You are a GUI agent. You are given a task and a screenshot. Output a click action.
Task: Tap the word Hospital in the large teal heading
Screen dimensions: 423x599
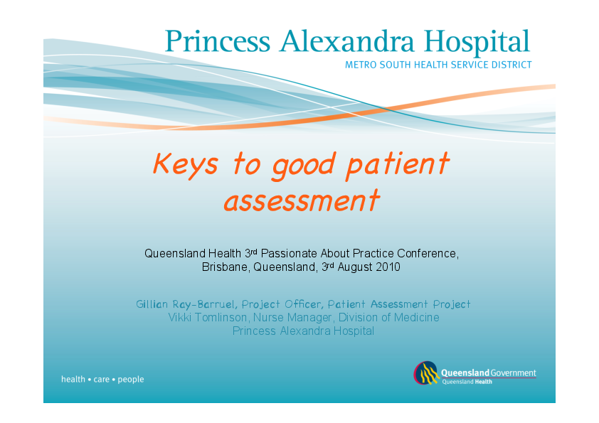click(479, 42)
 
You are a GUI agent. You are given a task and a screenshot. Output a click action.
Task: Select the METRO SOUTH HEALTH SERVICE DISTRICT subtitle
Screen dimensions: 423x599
click(438, 65)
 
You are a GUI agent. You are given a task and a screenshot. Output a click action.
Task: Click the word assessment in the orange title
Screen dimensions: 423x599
click(301, 200)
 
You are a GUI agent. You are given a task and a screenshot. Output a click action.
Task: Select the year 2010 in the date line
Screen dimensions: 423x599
click(388, 268)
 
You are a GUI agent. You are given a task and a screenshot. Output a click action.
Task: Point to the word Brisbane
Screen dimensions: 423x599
click(223, 268)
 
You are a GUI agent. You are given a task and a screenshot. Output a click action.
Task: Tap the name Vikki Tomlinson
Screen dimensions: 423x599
click(198, 318)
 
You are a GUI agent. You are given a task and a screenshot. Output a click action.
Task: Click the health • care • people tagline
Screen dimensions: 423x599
click(102, 380)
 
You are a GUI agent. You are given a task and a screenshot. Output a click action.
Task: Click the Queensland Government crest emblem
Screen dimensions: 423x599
click(426, 374)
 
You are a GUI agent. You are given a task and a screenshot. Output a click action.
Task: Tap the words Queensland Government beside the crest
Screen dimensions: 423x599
click(489, 373)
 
